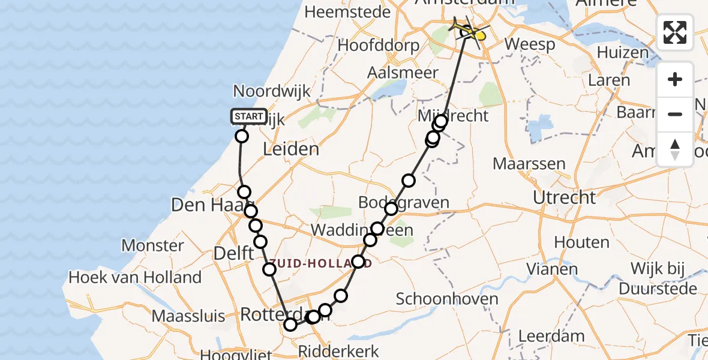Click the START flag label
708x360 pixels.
click(248, 116)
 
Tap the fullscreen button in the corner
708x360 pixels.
click(675, 32)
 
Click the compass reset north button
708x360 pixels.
click(675, 149)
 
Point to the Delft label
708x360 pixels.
click(234, 253)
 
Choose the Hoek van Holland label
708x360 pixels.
click(135, 277)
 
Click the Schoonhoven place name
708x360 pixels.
click(447, 299)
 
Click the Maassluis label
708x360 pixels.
click(188, 316)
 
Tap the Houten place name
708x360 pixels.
click(582, 242)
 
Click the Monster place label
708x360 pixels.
click(153, 245)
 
